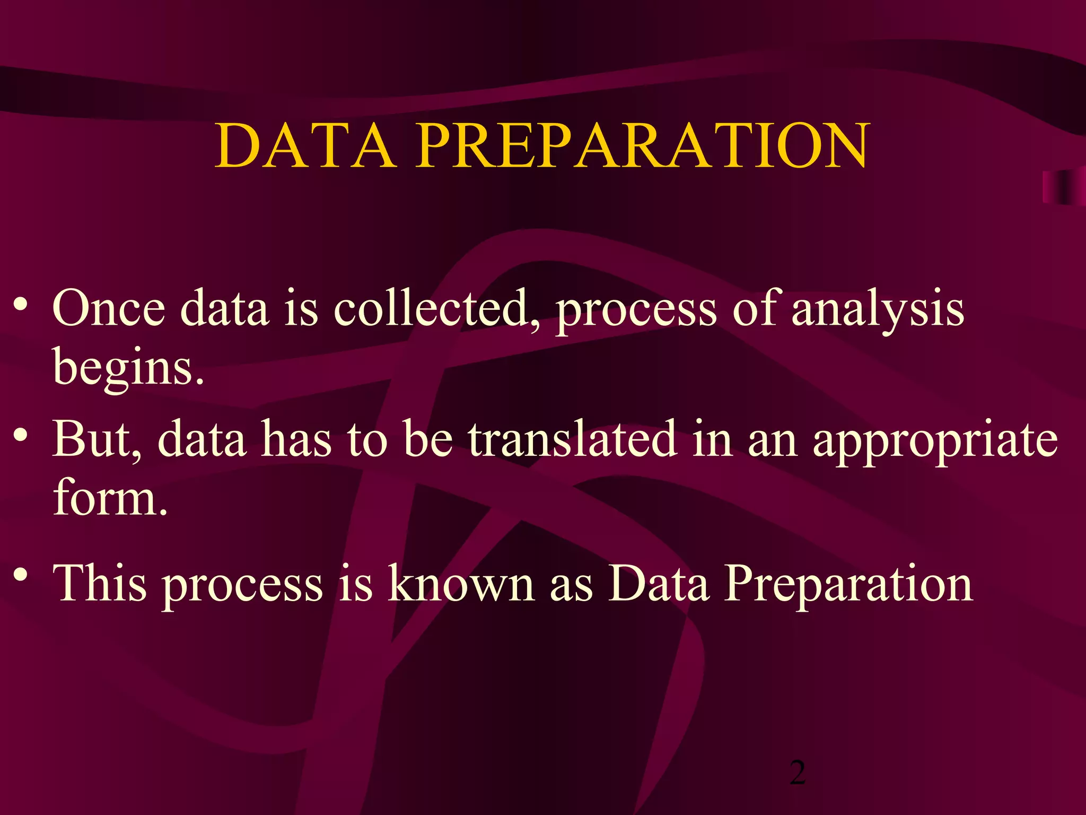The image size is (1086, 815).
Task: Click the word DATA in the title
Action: click(x=306, y=145)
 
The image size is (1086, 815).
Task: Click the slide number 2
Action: click(x=798, y=773)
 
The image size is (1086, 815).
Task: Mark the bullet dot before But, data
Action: click(x=21, y=436)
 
